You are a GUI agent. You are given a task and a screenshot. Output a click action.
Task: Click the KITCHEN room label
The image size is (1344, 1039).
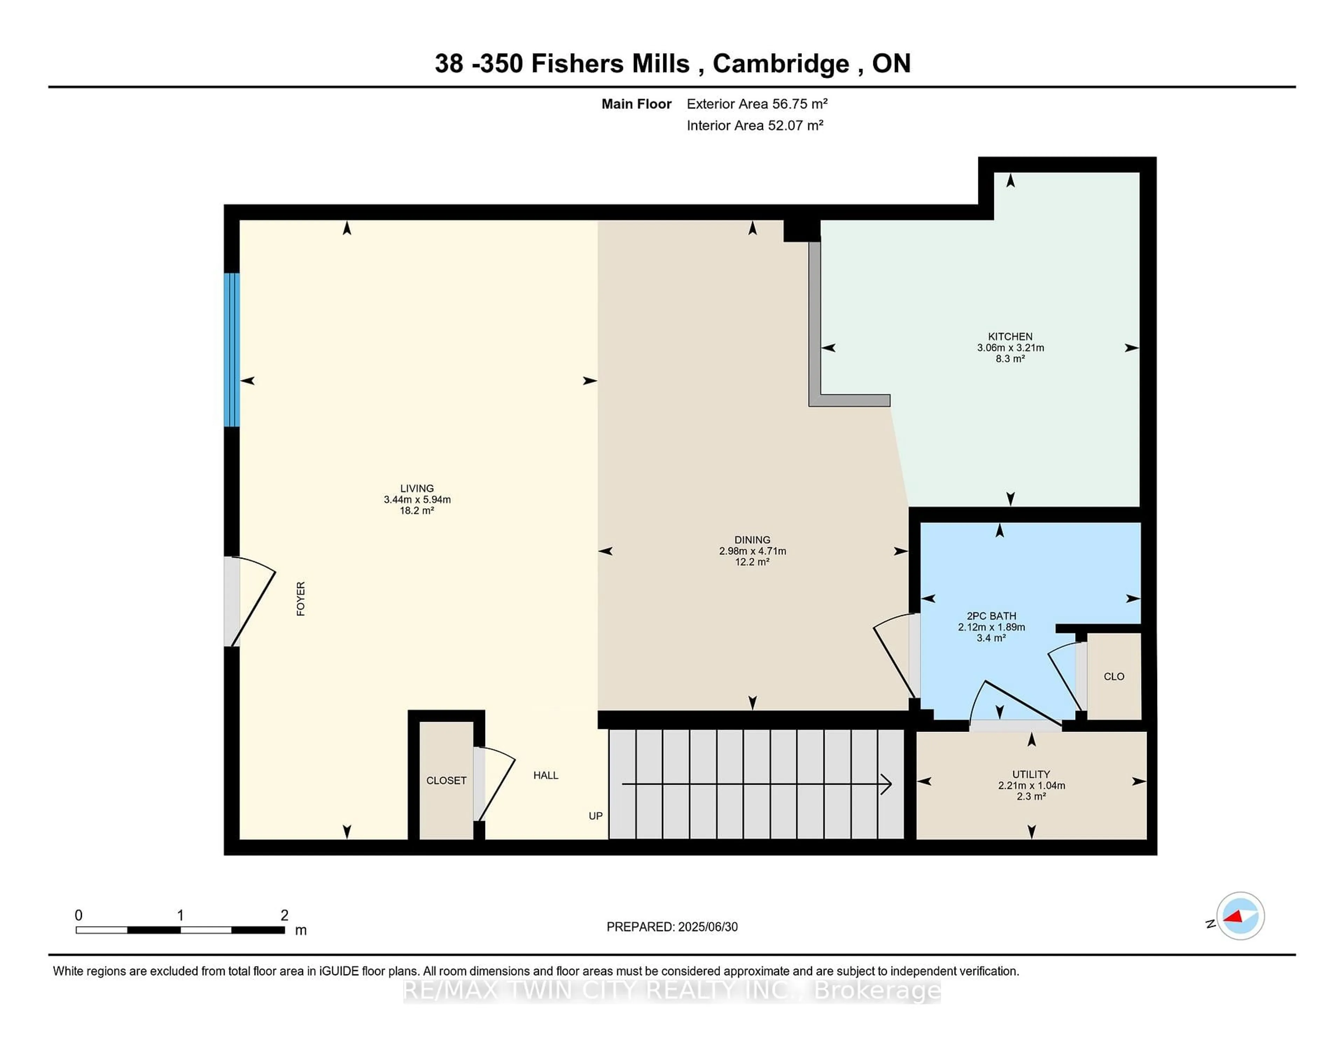tap(1010, 336)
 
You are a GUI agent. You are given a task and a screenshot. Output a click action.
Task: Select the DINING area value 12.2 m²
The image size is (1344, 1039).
tap(752, 562)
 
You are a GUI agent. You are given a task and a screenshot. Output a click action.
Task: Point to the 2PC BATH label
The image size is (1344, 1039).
tap(991, 615)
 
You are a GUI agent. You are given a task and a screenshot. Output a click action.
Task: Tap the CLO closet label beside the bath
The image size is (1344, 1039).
tap(1114, 676)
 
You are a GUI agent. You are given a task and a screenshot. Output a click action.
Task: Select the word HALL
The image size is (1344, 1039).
tap(545, 775)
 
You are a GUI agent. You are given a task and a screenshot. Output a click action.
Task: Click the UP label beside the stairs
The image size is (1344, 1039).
tap(595, 816)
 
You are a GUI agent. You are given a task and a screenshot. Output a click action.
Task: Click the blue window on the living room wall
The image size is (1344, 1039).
tap(231, 350)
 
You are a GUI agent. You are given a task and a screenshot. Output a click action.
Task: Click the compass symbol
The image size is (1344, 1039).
tap(1240, 916)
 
